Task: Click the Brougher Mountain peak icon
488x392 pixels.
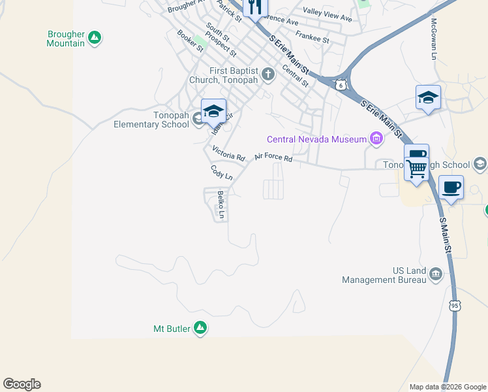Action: click(x=95, y=38)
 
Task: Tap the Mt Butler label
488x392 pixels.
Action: click(x=172, y=328)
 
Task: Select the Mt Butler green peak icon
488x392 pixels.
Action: click(x=200, y=328)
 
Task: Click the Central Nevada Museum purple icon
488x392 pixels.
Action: click(x=376, y=138)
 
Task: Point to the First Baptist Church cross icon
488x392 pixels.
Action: click(x=268, y=74)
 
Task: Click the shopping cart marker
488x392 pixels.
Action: click(x=416, y=168)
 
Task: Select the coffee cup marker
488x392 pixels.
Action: click(x=451, y=188)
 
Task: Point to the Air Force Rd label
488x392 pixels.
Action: click(x=273, y=157)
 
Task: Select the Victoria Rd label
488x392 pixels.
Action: click(x=228, y=154)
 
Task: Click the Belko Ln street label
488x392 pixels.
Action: click(x=221, y=205)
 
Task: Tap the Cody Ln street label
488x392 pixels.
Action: click(x=222, y=172)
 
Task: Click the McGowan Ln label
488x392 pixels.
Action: click(x=433, y=39)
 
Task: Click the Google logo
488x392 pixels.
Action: click(x=22, y=384)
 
